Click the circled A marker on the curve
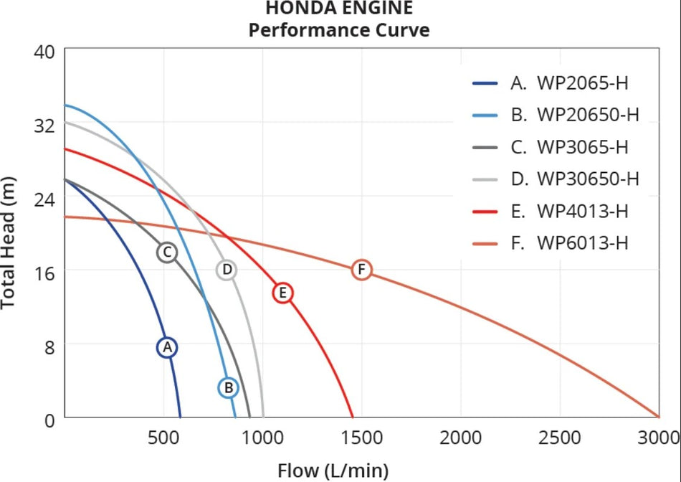click(167, 347)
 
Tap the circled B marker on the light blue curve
click(228, 387)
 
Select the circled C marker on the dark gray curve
click(166, 252)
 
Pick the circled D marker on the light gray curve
click(227, 270)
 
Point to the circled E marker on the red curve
click(283, 293)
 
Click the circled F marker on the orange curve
click(362, 270)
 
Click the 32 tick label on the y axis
click(44, 125)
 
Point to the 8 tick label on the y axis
click(49, 344)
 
